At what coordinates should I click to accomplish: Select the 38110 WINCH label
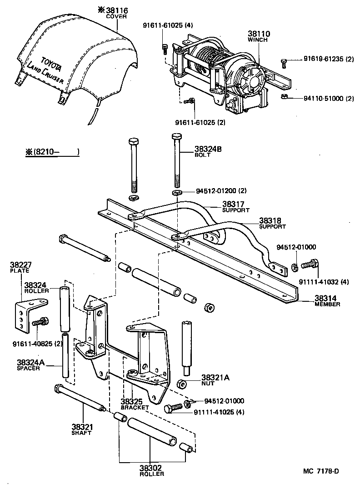pos(259,36)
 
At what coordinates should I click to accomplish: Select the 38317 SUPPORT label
pos(235,207)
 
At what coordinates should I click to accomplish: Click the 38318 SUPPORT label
pos(272,223)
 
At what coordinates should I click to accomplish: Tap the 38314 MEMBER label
pos(327,301)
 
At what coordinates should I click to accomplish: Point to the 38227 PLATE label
pos(19,267)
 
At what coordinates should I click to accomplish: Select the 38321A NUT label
pos(215,380)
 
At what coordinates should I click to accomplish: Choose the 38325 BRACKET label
pos(135,404)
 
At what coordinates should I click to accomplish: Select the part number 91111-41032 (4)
pos(323,282)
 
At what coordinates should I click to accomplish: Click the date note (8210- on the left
pos(52,152)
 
